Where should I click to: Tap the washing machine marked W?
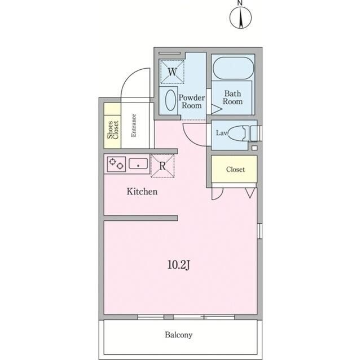coord(172,72)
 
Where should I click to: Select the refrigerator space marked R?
coord(162,166)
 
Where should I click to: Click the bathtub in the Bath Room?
coord(233,68)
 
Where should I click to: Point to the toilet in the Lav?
coord(238,133)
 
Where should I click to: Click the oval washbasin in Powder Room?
coord(170,100)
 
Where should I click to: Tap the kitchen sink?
coord(138,163)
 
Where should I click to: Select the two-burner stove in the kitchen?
coord(116,164)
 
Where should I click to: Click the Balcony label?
coord(179,335)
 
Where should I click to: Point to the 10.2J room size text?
coord(179,265)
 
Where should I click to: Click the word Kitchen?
coord(142,192)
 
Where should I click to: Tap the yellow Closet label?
coord(235,170)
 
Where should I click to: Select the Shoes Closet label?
coord(113,130)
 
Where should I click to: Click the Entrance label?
coord(134,126)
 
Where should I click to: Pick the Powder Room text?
coord(192,101)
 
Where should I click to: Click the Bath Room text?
coord(232,97)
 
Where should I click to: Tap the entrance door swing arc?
coord(129,77)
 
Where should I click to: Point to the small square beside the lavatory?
coord(254,148)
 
